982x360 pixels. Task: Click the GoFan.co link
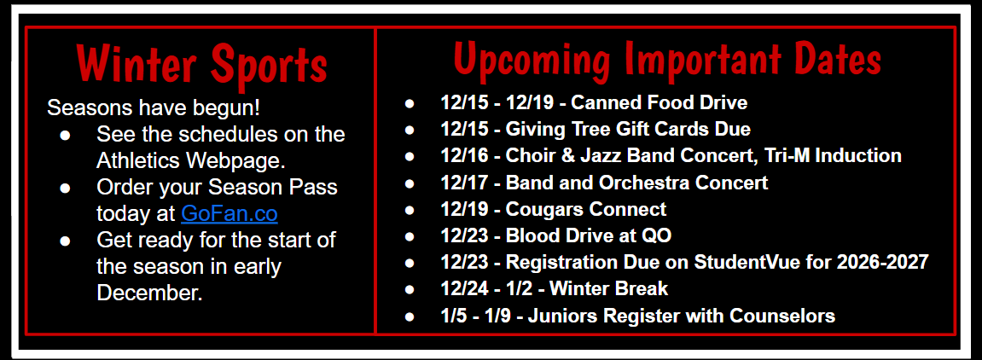coord(229,213)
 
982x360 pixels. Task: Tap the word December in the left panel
coord(148,293)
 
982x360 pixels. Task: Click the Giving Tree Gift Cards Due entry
coord(628,130)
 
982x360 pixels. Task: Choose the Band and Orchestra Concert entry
coord(636,183)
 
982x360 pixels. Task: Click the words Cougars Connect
coord(586,209)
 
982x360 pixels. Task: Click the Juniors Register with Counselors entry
coord(681,316)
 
